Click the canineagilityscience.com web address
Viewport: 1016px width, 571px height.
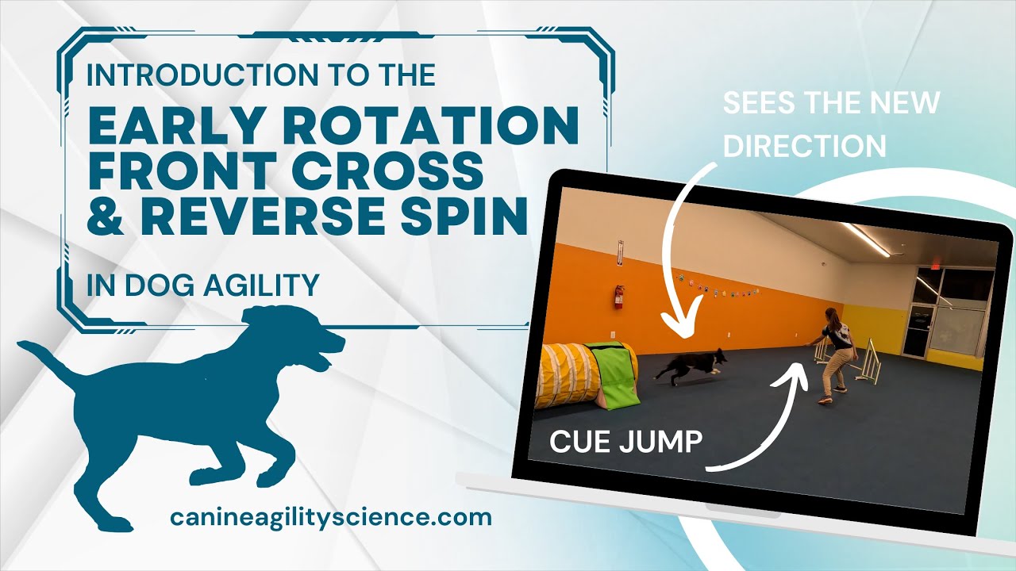(x=331, y=518)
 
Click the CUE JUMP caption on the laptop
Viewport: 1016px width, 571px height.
(x=626, y=442)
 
